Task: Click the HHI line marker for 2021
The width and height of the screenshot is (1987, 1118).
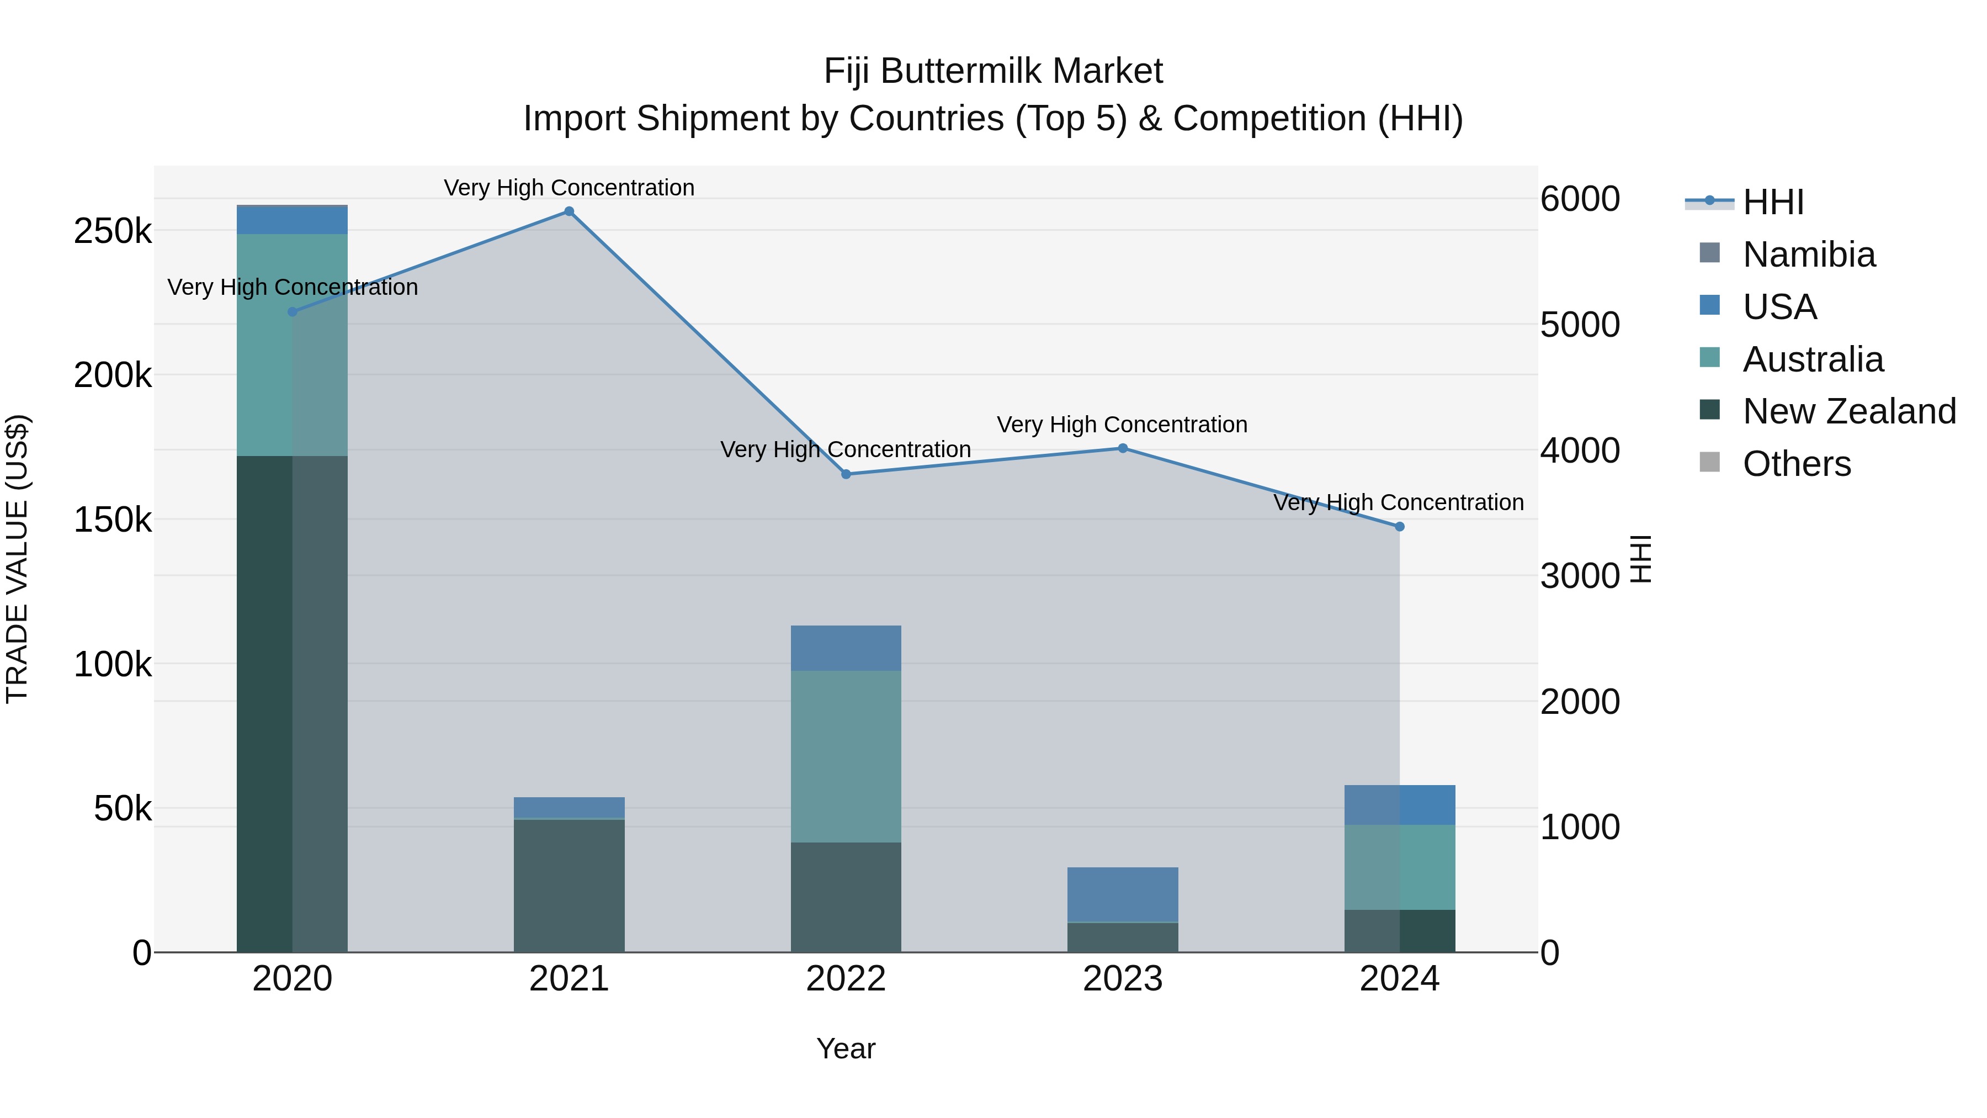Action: (569, 211)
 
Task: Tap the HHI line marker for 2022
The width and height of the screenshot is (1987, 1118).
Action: (846, 474)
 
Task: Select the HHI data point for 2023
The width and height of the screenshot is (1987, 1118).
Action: (1123, 448)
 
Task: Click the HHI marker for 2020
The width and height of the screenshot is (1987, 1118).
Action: (293, 312)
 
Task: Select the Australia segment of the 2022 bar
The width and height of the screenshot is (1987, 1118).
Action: (846, 756)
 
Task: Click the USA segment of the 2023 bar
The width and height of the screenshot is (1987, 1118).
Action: (1123, 894)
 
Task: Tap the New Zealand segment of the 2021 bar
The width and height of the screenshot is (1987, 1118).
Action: (569, 885)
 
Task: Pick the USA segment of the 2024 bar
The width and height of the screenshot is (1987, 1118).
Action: (1400, 805)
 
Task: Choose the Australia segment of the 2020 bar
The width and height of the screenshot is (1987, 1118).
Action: (293, 345)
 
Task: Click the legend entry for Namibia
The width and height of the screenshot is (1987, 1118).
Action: (1808, 255)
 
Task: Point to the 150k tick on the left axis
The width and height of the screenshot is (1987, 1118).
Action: (113, 520)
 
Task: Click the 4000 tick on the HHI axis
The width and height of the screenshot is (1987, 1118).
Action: (1580, 451)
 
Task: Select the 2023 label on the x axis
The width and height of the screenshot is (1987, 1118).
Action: (1123, 979)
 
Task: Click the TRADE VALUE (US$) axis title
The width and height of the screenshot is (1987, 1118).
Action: (17, 559)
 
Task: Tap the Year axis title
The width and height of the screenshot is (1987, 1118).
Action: (846, 1048)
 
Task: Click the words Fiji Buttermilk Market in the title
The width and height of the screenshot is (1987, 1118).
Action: (993, 71)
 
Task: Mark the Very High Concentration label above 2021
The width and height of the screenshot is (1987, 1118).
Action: (569, 188)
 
